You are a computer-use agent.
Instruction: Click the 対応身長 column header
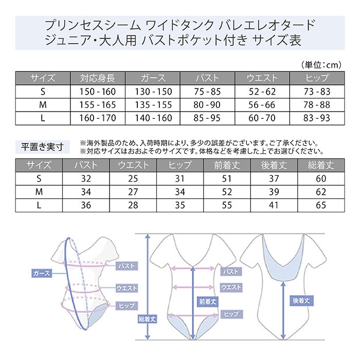tap(98, 78)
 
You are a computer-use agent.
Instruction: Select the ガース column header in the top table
tap(153, 78)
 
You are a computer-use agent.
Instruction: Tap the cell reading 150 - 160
tap(98, 92)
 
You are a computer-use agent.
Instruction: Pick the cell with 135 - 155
tap(153, 105)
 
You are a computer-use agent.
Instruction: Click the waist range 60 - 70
tap(262, 118)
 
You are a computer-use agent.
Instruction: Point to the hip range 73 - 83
tap(317, 92)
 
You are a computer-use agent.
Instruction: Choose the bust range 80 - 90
tap(207, 105)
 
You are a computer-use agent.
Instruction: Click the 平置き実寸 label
tap(43, 147)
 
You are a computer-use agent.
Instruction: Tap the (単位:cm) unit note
tap(321, 65)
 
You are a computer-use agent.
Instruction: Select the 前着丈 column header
tap(227, 165)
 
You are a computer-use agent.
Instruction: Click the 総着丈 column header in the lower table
tap(321, 165)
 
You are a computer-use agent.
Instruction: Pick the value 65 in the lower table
tap(321, 205)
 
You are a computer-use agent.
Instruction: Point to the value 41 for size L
tap(274, 205)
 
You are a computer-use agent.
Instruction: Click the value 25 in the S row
tap(133, 178)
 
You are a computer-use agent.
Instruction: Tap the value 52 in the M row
tap(227, 192)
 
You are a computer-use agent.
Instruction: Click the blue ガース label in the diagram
tap(42, 274)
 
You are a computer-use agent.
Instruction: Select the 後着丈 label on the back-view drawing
tap(301, 300)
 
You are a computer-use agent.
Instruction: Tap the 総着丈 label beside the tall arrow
tap(148, 319)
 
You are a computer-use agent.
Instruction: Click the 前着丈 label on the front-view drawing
tap(208, 301)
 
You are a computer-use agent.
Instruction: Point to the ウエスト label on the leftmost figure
tap(127, 288)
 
